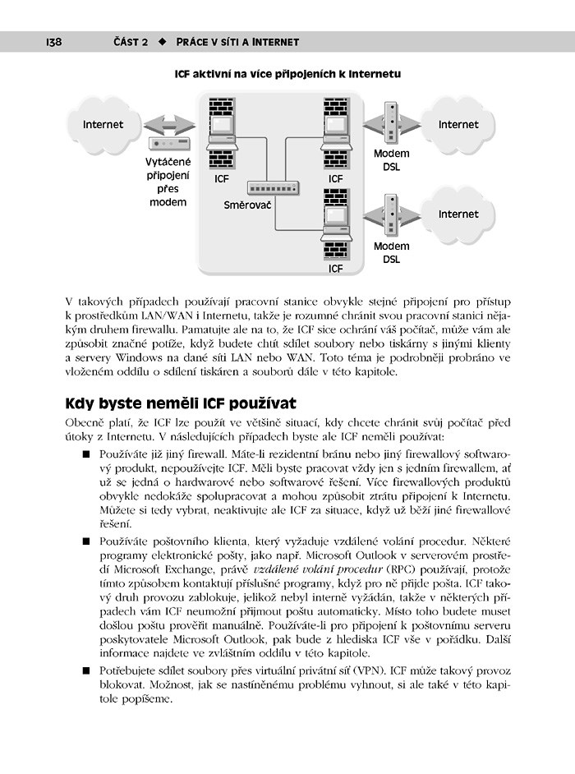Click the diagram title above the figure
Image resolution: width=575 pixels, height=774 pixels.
[x=287, y=74]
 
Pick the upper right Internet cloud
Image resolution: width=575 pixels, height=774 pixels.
[x=458, y=125]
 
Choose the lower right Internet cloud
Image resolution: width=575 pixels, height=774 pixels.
[x=458, y=214]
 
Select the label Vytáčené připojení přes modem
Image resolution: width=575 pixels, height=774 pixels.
[x=168, y=182]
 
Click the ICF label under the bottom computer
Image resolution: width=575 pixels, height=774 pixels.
[x=336, y=268]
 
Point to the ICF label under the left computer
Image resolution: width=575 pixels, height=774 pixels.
[x=222, y=178]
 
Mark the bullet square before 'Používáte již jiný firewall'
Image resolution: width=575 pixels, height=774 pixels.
[x=85, y=454]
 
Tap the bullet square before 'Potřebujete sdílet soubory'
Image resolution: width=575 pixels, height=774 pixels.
[x=85, y=670]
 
